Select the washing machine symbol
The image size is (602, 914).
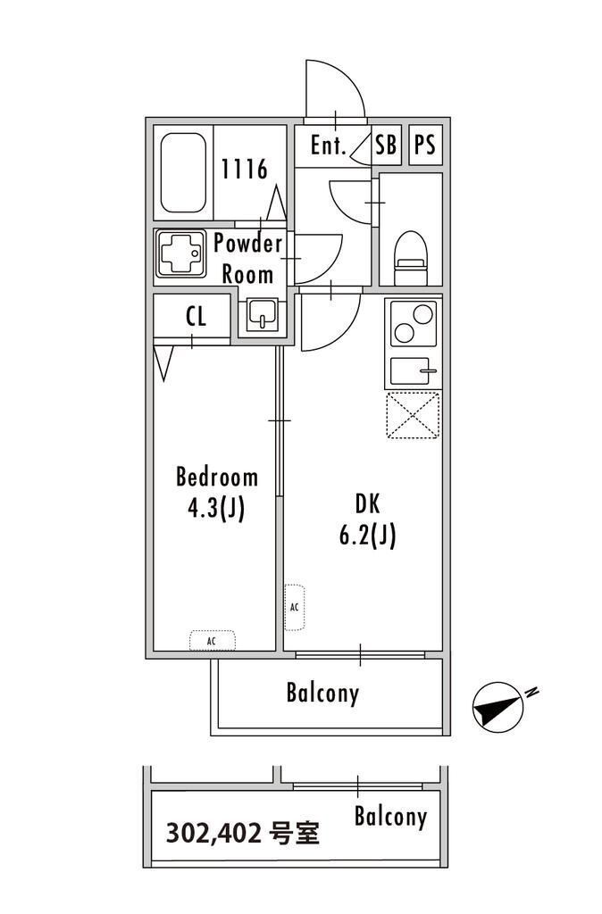click(180, 254)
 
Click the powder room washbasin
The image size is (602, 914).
click(262, 314)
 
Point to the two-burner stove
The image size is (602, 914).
click(414, 323)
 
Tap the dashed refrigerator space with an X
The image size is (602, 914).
click(413, 415)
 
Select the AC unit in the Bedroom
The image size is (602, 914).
click(213, 641)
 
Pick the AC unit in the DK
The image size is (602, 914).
click(294, 607)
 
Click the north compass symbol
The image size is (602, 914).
click(499, 704)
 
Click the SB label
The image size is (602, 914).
click(386, 145)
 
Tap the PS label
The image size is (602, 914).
click(424, 145)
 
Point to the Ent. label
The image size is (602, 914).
click(329, 145)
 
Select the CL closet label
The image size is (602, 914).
click(196, 317)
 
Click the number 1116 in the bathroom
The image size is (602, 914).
click(245, 169)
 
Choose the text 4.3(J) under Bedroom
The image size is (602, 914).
click(216, 508)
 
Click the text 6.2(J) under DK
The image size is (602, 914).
click(367, 536)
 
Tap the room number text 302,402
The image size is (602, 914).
click(213, 834)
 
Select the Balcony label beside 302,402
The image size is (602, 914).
click(390, 817)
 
